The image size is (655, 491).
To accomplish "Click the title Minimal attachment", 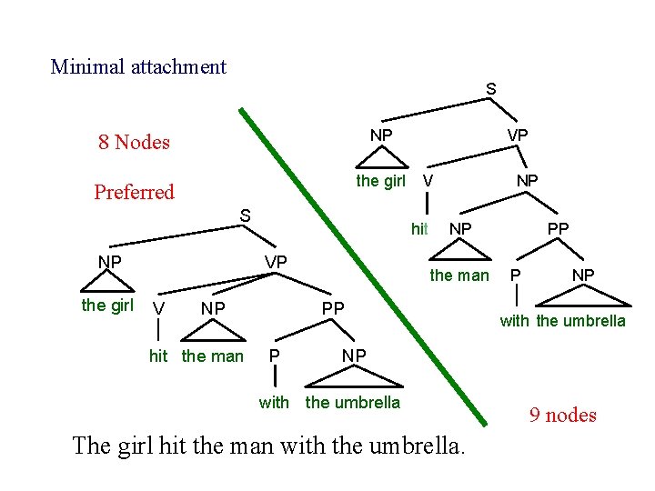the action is click(138, 66).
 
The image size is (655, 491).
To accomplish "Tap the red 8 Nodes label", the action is click(134, 142).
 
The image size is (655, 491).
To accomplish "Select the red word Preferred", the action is click(134, 192).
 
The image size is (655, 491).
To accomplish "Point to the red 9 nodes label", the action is click(563, 416).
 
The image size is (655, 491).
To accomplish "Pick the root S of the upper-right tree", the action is click(491, 89).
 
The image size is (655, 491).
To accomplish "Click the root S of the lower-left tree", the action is click(245, 215).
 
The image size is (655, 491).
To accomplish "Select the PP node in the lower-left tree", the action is click(333, 308).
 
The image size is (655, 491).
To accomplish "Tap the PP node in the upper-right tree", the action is click(558, 229).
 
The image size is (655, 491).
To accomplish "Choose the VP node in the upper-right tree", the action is click(518, 135).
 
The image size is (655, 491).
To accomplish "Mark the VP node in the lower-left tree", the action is click(276, 262).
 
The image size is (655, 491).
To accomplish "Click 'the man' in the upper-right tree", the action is click(459, 276).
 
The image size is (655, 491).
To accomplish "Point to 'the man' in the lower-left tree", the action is click(213, 356).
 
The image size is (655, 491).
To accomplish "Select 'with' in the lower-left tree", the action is click(274, 402).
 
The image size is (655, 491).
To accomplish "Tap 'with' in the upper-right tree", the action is click(514, 320).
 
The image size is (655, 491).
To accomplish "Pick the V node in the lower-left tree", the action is click(159, 309).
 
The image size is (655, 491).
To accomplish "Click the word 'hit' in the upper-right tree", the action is click(419, 229).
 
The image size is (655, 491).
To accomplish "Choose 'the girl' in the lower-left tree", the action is click(107, 306).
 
